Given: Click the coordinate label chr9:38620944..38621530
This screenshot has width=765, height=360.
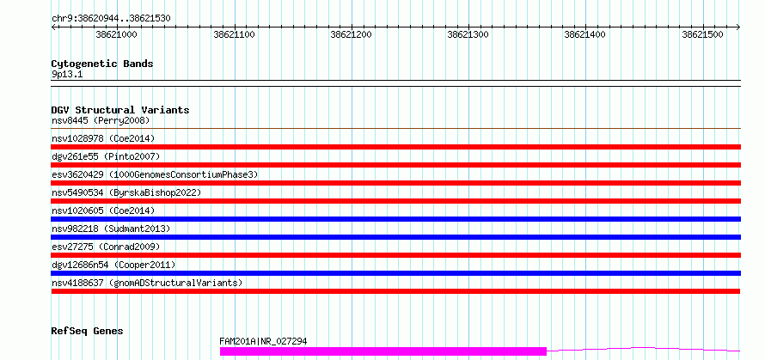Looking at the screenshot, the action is point(111,19).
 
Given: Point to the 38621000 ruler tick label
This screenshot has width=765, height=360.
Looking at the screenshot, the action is point(117,34).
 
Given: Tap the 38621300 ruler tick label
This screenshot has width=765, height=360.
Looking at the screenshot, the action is point(468,34).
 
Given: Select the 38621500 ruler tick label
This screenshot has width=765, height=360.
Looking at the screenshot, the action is point(702,34).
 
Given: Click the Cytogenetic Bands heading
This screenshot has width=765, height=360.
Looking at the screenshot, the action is point(102,64).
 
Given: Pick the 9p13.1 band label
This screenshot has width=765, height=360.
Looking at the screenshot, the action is point(68,75).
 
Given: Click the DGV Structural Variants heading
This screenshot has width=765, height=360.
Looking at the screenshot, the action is point(120,110).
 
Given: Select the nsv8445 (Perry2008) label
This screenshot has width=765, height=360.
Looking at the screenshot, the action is point(101,120).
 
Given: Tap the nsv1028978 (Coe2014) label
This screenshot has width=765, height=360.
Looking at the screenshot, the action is point(103,138).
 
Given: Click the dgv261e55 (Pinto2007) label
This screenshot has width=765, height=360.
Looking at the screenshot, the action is point(106,156).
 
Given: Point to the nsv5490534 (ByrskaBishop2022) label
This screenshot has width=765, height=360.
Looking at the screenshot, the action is point(126,192).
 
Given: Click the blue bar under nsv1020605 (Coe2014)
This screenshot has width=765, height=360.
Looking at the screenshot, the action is point(396,219).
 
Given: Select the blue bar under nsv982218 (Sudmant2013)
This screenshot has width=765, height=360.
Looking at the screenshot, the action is point(396,237).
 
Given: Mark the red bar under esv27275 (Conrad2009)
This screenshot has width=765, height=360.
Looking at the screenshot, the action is point(396,255).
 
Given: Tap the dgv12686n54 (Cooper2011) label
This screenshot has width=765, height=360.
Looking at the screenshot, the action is point(113,265).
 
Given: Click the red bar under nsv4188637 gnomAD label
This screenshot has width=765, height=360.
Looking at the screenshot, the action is point(396,291).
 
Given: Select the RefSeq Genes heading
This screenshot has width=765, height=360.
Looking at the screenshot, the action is point(88,332).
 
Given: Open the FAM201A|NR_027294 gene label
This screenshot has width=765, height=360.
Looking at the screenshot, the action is point(264,341).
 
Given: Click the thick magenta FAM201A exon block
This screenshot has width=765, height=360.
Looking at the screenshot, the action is point(383,351).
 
